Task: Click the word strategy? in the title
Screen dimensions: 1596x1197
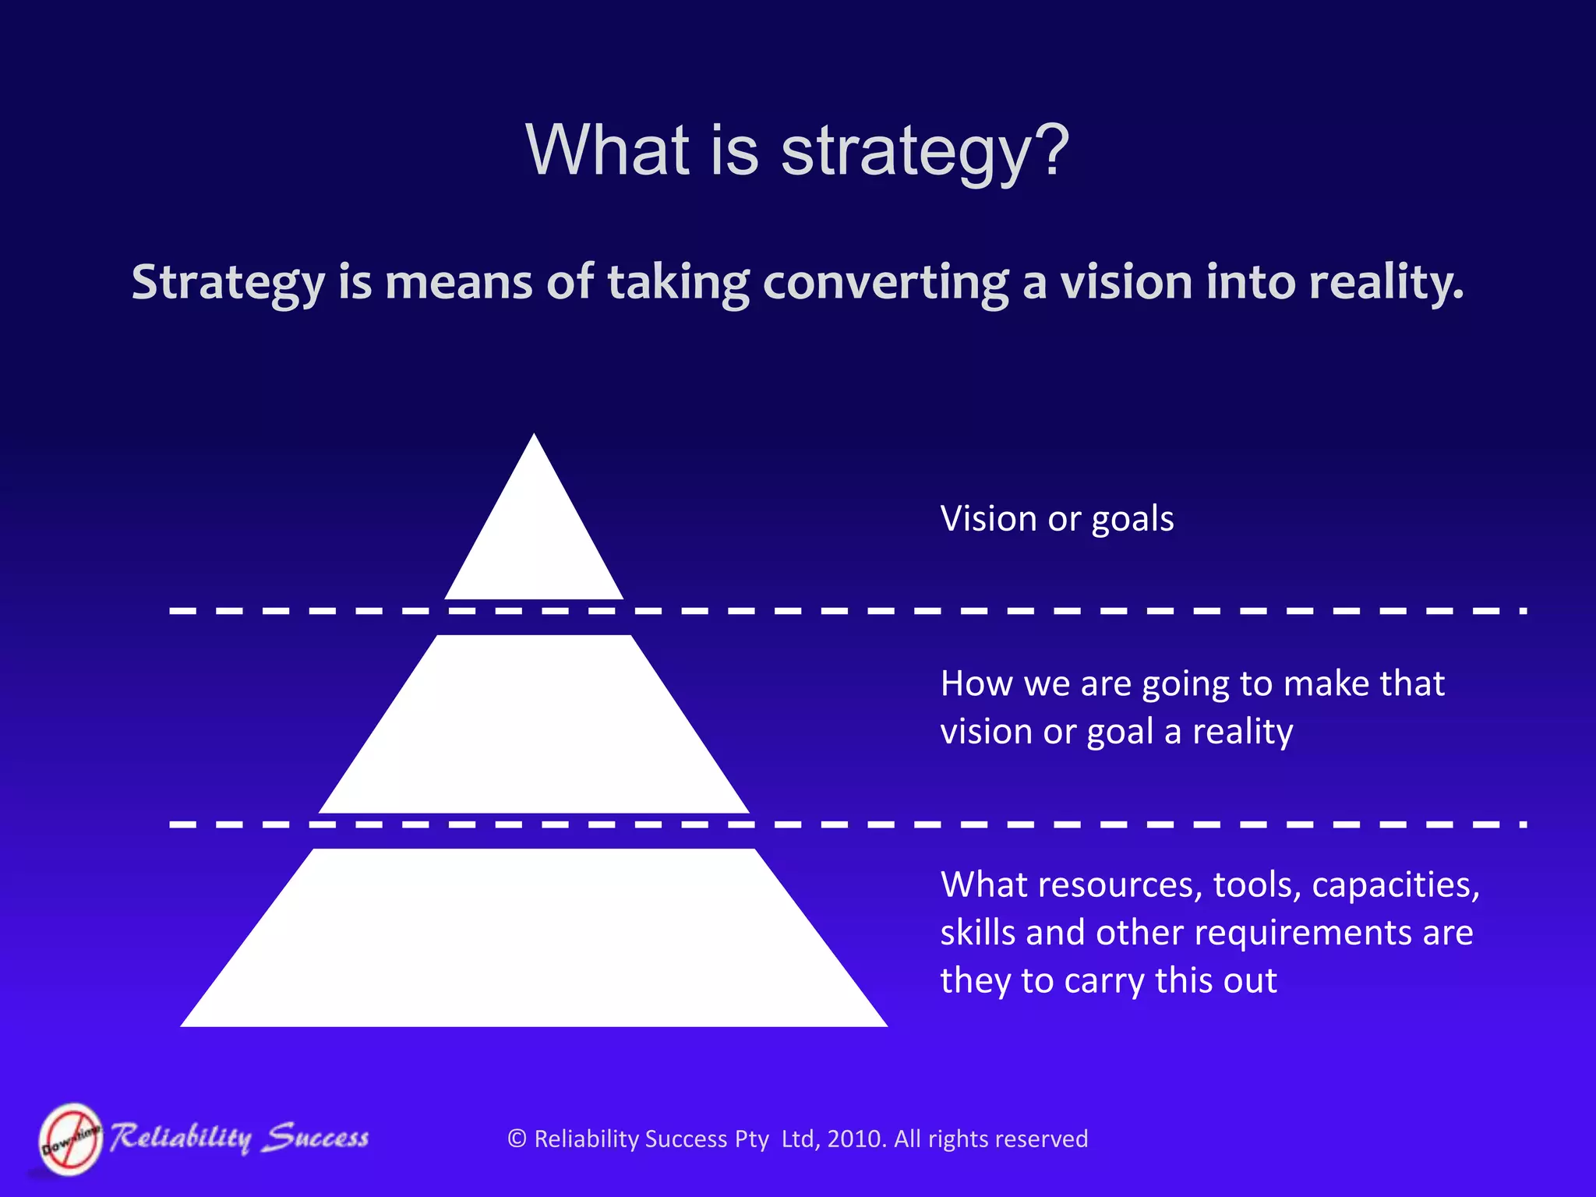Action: pyautogui.click(x=925, y=151)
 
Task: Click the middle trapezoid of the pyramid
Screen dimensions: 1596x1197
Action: pyautogui.click(x=534, y=725)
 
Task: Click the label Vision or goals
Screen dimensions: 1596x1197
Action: pyautogui.click(x=1057, y=519)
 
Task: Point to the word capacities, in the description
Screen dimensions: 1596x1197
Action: pyautogui.click(x=1395, y=885)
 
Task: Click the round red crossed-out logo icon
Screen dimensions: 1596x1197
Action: pyautogui.click(x=71, y=1139)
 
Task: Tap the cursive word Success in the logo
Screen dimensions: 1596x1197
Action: pyautogui.click(x=315, y=1138)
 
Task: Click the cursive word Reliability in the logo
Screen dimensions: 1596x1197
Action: pyautogui.click(x=181, y=1138)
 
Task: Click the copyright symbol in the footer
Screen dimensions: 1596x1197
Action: pyautogui.click(x=517, y=1139)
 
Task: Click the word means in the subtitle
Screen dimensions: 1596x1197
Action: pyautogui.click(x=459, y=282)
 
